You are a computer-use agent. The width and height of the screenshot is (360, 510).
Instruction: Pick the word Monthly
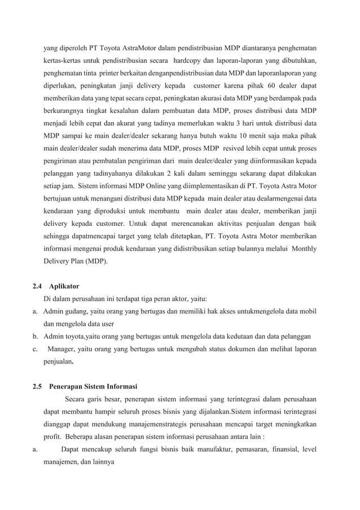pyautogui.click(x=302, y=250)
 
